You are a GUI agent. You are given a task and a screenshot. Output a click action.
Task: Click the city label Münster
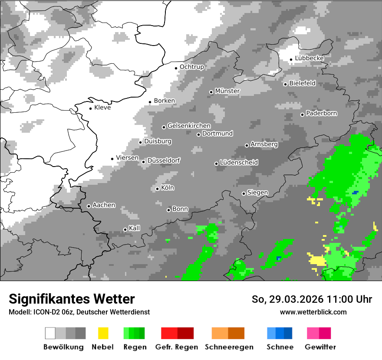227,91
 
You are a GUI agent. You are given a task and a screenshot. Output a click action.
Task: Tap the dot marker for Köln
157,189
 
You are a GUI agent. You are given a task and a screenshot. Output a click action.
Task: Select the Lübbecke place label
310,58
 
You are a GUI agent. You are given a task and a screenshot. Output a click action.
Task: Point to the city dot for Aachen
89,206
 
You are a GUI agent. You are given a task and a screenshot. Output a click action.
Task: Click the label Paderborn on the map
322,114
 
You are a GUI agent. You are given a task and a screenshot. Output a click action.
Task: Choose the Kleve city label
102,108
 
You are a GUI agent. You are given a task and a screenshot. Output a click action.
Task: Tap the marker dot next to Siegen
244,193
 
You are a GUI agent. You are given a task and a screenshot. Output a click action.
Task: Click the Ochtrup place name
192,67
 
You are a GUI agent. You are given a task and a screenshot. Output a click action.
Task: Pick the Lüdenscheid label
239,163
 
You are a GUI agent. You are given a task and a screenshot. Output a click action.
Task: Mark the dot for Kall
125,229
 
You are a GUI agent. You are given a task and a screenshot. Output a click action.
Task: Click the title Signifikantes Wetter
72,299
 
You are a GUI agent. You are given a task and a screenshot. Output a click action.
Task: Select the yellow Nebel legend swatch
103,333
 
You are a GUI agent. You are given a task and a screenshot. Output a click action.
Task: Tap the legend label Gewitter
320,347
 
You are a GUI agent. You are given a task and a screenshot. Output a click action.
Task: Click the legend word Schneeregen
229,347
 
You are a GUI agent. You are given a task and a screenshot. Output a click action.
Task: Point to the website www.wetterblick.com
313,312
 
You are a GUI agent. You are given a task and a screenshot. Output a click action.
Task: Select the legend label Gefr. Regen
177,347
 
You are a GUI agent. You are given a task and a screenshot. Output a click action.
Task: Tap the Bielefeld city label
303,83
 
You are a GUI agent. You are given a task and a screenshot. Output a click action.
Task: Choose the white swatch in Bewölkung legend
50,333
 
